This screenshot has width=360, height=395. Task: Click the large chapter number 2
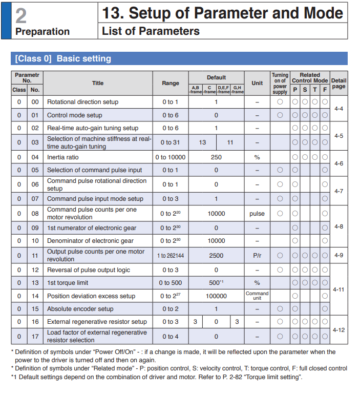[x=21, y=15]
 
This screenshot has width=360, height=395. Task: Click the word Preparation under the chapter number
[x=43, y=32]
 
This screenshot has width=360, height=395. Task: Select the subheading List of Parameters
[x=151, y=31]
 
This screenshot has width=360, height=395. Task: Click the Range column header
[x=171, y=83]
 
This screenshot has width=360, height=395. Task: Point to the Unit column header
[x=257, y=83]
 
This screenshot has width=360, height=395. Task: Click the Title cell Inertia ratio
[x=63, y=157]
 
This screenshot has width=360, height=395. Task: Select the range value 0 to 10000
[x=171, y=157]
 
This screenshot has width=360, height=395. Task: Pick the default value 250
[x=216, y=157]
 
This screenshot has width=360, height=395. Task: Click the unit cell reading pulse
[x=257, y=214]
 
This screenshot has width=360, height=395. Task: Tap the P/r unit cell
[x=257, y=255]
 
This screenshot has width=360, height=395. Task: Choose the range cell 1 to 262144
[x=171, y=255]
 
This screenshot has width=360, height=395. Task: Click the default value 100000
[x=216, y=296]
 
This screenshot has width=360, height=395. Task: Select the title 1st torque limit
[x=68, y=283]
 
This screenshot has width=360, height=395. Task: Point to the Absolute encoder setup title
[x=80, y=309]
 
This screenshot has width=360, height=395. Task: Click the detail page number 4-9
[x=339, y=255]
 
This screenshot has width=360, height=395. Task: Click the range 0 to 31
[x=171, y=142]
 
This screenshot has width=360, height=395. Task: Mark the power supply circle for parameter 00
[x=280, y=102]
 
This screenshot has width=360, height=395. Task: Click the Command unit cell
[x=257, y=296]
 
